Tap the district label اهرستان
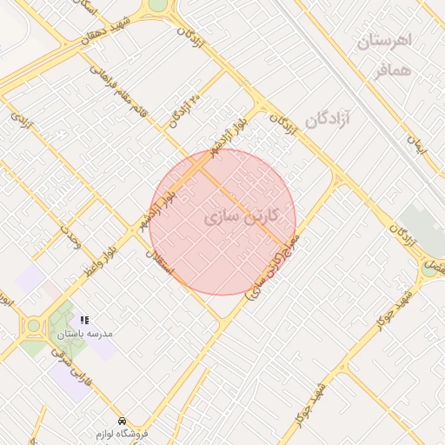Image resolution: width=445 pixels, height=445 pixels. point(384,40)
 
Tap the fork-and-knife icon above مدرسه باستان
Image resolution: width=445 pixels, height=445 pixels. point(84,320)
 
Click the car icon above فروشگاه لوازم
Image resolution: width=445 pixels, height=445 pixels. point(122,419)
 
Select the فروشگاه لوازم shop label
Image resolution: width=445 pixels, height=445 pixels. point(123,432)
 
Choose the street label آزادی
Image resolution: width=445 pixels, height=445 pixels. point(23,118)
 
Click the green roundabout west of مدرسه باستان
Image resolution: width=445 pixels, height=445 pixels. point(34,326)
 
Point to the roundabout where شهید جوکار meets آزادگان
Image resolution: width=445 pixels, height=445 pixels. point(430,269)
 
